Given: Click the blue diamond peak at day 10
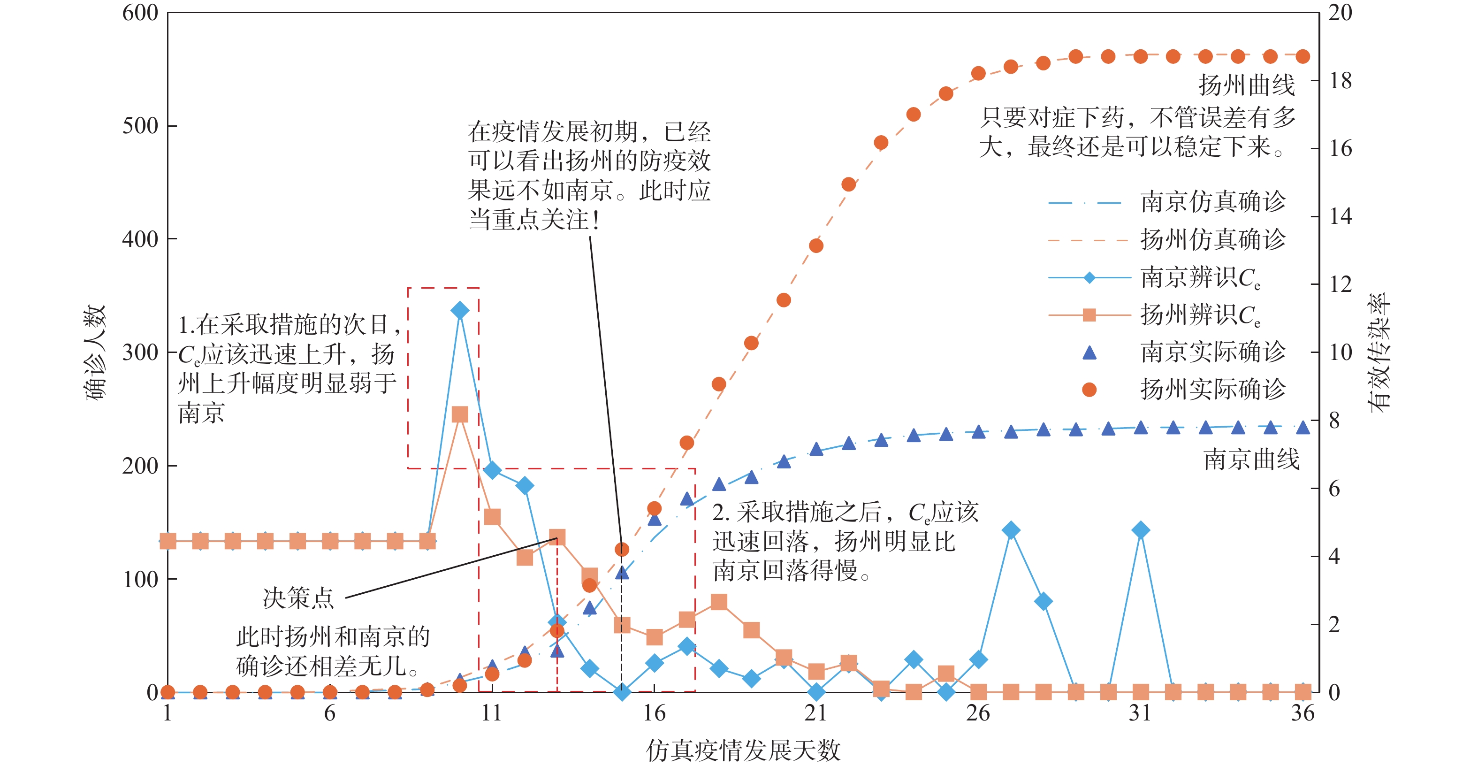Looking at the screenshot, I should [x=459, y=310].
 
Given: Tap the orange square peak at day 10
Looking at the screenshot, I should [x=459, y=414].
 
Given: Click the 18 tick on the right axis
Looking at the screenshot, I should [x=1341, y=81].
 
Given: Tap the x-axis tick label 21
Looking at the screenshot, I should [x=816, y=713].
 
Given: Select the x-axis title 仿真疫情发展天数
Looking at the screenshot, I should [x=743, y=750].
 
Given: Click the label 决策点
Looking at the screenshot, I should [x=298, y=598].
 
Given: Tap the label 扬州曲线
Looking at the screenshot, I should [x=1246, y=85].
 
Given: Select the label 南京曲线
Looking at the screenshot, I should [x=1251, y=460].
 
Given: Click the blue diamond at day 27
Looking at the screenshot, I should [x=1011, y=530].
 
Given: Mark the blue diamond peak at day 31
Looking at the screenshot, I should [x=1141, y=530].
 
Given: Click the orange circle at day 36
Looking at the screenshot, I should [x=1303, y=56].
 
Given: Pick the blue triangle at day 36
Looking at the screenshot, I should [x=1303, y=428].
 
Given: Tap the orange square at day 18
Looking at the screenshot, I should [x=719, y=602].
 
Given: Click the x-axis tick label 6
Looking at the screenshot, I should [x=330, y=713].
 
